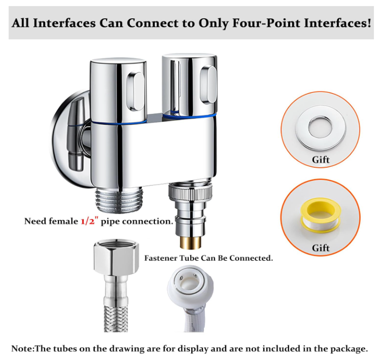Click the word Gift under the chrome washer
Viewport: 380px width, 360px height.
tap(321, 160)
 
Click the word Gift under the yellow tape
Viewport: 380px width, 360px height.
tap(321, 248)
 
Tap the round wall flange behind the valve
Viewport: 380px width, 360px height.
tap(71, 139)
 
